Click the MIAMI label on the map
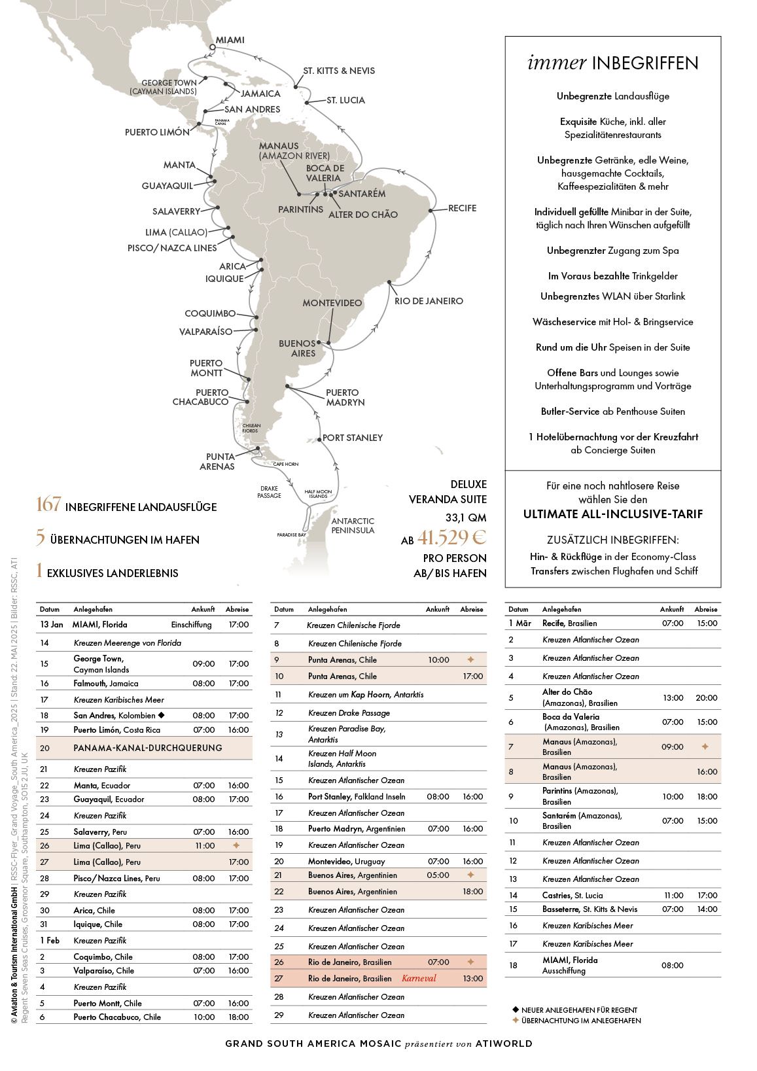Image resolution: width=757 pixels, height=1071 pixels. [x=230, y=40]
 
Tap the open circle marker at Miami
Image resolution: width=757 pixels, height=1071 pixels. [x=212, y=47]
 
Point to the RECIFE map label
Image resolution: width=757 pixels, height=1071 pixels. [x=462, y=208]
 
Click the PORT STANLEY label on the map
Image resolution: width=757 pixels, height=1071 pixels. [x=353, y=438]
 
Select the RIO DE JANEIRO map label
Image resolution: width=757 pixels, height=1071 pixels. [x=429, y=301]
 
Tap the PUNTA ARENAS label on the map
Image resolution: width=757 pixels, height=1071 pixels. [x=220, y=461]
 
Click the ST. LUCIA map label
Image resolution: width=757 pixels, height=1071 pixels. [x=346, y=100]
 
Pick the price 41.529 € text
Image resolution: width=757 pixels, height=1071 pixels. [x=452, y=538]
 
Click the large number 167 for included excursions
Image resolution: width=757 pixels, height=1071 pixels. [x=48, y=505]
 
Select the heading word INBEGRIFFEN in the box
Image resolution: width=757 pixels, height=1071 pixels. [x=645, y=63]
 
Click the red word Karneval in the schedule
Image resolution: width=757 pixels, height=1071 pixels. [x=419, y=979]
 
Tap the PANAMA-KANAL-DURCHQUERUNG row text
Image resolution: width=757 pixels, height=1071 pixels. [x=148, y=748]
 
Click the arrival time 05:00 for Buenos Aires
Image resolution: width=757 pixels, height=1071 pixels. [x=438, y=875]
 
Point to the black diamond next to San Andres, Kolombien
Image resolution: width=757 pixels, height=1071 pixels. [x=161, y=715]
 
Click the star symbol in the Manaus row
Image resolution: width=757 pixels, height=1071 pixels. [x=705, y=746]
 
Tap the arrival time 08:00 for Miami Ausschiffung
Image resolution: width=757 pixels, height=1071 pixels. [x=673, y=965]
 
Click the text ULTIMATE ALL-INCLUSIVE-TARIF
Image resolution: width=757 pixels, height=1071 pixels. [x=613, y=514]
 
